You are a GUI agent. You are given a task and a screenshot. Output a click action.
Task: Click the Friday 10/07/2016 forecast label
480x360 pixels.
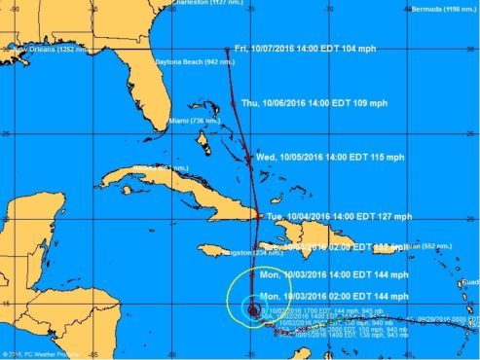(x=298, y=49)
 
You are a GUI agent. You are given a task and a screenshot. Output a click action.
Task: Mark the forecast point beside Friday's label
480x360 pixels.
(x=225, y=49)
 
